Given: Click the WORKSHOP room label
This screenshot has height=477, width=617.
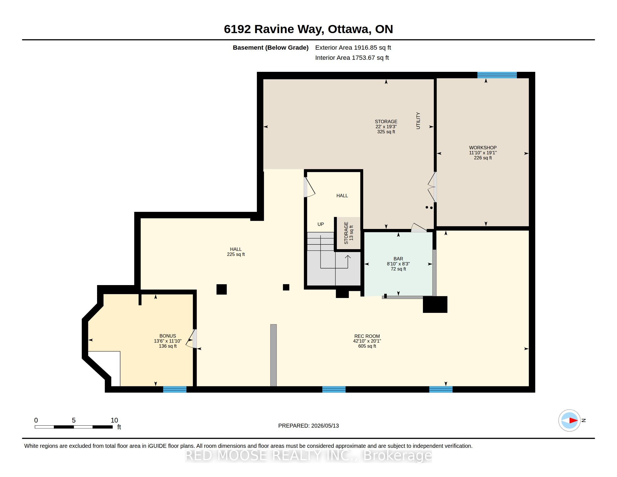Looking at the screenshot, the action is [x=483, y=148].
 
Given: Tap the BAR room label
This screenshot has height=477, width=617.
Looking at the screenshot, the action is [x=398, y=259].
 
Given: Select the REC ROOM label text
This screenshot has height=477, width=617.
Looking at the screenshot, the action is [x=367, y=336].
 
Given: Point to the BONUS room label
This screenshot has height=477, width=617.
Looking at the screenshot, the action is [x=167, y=336].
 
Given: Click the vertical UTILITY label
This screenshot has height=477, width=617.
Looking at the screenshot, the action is [x=418, y=121].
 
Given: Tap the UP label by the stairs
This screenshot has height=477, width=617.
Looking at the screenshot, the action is [x=321, y=224].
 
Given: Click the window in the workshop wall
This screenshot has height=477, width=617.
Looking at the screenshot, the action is [x=497, y=75].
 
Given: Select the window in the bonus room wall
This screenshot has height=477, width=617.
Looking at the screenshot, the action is [x=175, y=389].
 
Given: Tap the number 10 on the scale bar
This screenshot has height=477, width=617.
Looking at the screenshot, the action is [x=114, y=420].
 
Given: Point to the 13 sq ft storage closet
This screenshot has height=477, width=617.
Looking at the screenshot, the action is [x=348, y=233].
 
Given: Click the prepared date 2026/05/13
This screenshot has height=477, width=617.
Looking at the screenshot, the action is [x=325, y=426].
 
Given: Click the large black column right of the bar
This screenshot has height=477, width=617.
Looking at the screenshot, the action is [x=435, y=304].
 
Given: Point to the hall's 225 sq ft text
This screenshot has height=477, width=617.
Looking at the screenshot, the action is [x=236, y=254].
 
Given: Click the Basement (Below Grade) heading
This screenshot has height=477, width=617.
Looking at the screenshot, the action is [x=271, y=47].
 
